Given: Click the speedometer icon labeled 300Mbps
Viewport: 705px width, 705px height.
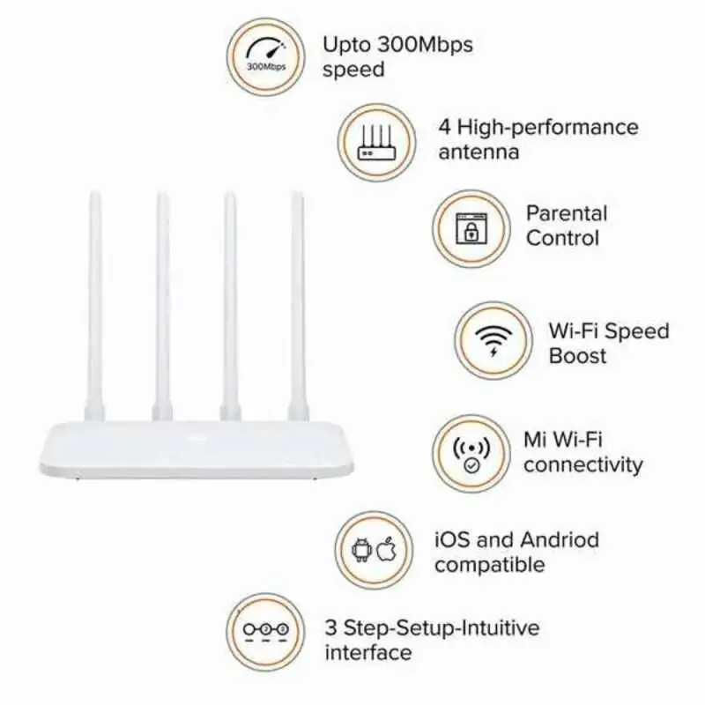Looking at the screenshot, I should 264,55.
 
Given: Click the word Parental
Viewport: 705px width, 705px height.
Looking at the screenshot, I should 567,213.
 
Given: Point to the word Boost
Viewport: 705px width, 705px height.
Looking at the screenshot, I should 578,356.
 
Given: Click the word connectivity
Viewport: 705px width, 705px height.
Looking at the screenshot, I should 583,464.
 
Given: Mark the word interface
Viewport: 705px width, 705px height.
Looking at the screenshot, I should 368,653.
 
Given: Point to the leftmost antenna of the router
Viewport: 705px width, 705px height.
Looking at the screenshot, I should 95,300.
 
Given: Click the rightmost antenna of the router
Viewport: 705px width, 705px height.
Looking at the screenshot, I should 297,300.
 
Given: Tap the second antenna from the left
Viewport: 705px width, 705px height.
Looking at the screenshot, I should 163,300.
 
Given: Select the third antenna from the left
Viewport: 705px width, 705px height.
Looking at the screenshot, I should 229,300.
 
